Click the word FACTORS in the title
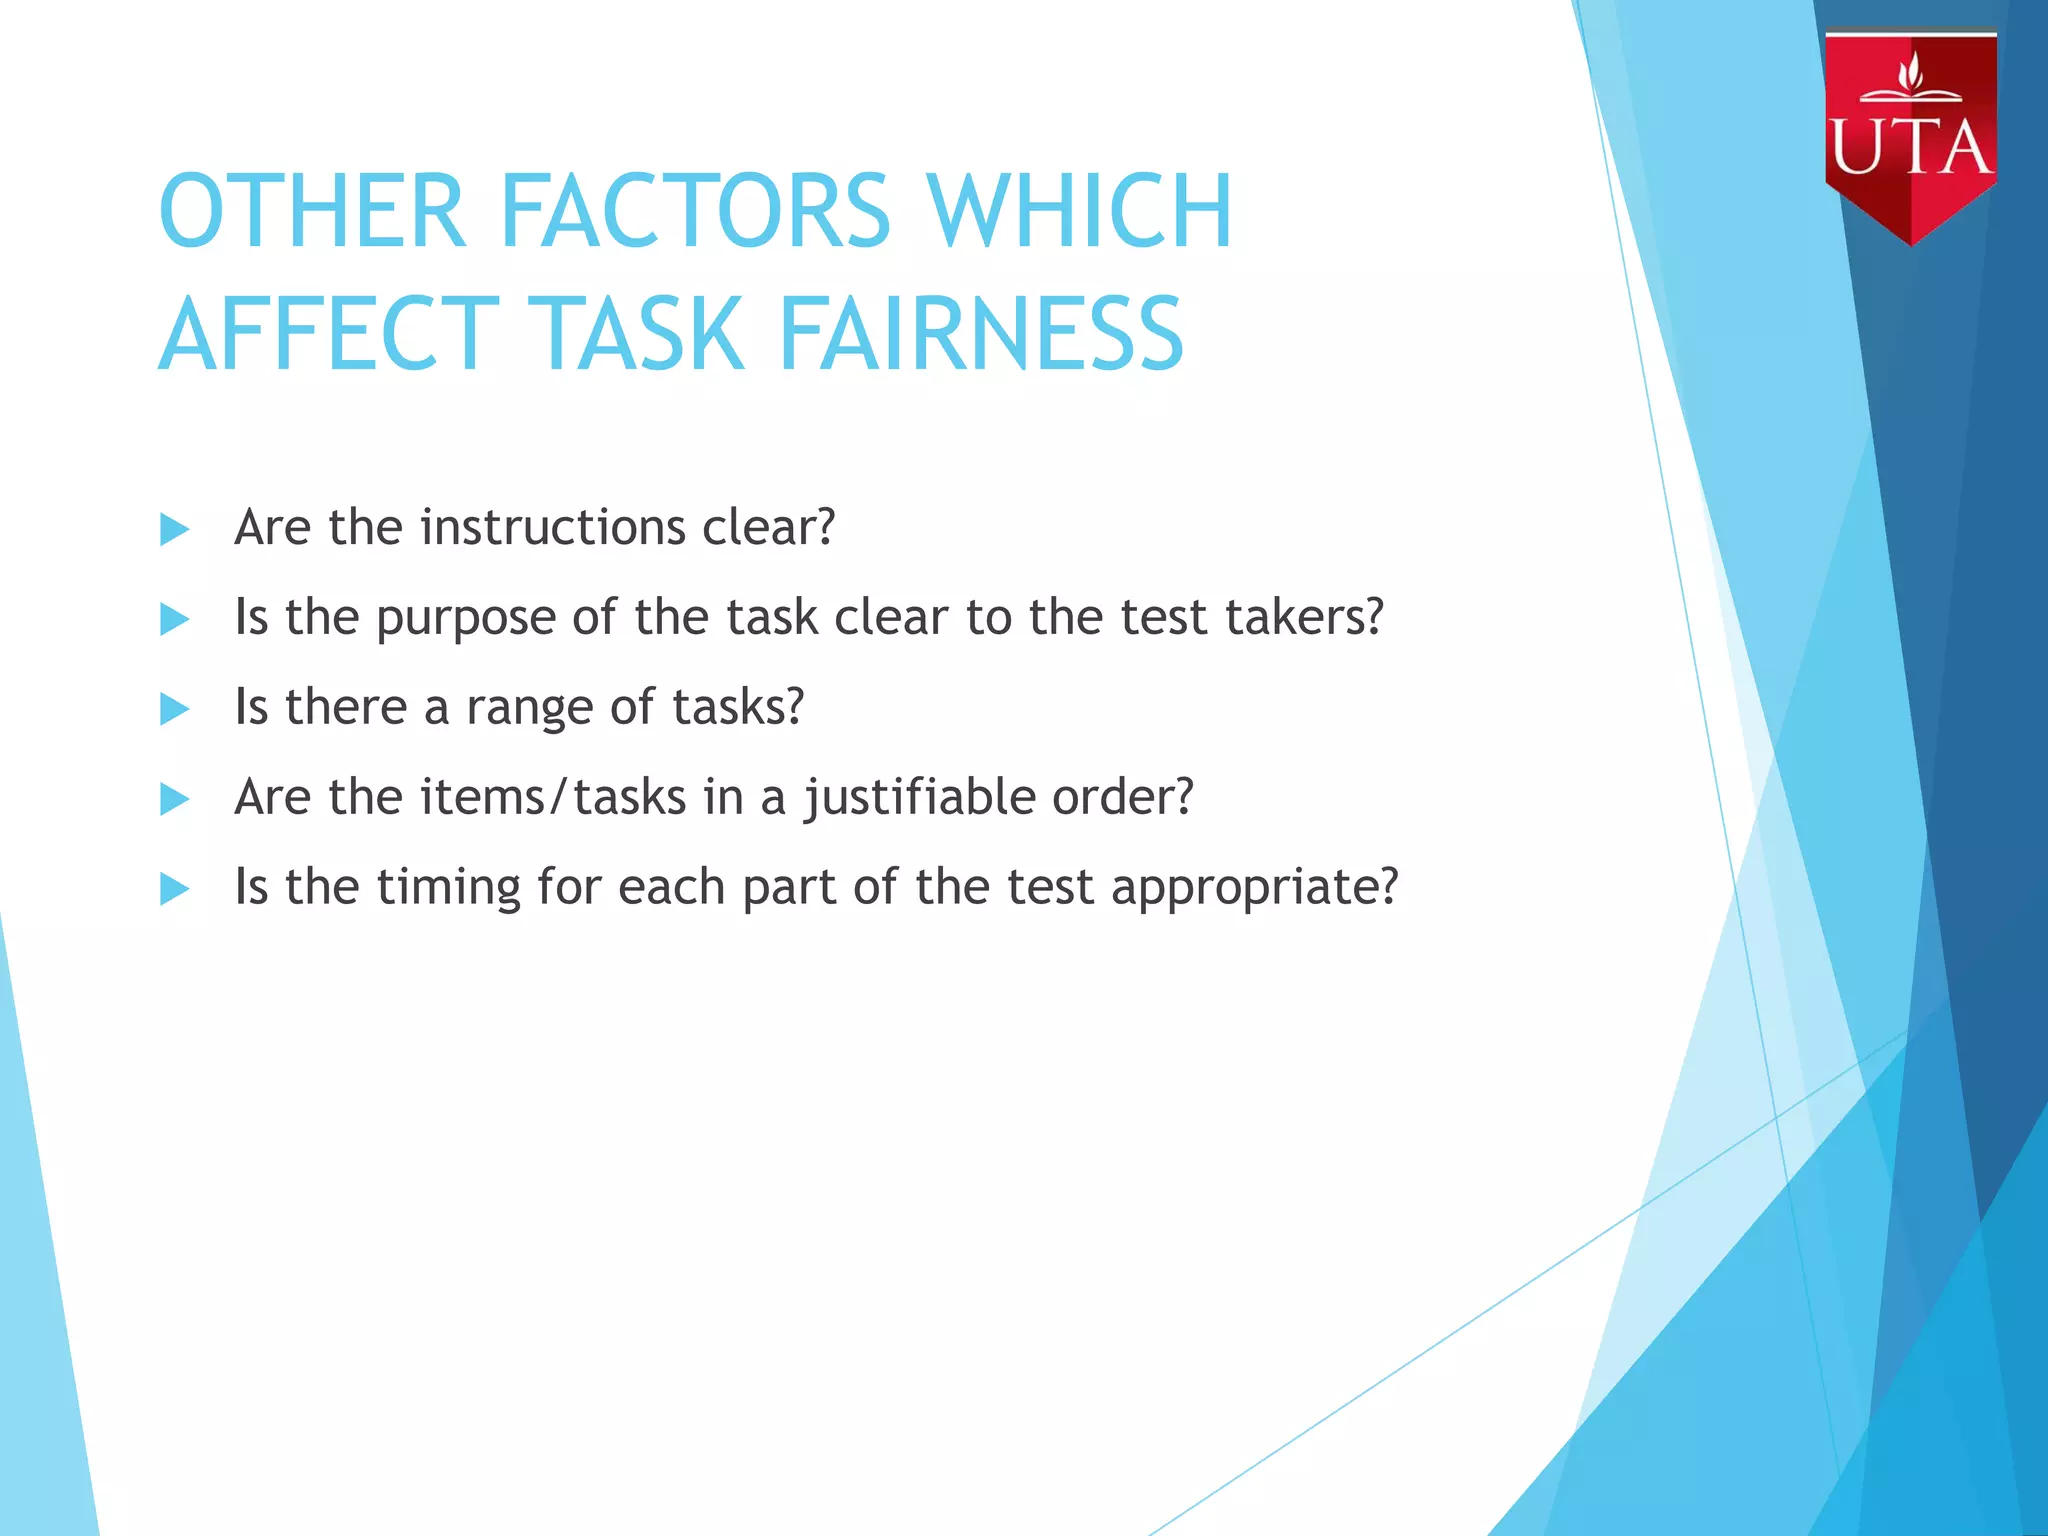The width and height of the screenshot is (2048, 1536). click(x=694, y=211)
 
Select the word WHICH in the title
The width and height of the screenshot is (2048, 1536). click(x=1080, y=211)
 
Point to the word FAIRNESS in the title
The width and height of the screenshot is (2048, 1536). click(x=980, y=334)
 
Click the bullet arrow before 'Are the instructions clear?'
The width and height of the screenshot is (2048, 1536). click(x=175, y=529)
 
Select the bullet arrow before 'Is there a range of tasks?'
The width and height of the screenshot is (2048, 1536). click(x=175, y=709)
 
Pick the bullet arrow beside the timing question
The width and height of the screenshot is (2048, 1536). click(x=175, y=888)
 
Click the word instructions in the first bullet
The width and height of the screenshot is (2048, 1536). click(x=553, y=527)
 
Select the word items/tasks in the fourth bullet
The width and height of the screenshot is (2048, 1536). click(x=553, y=798)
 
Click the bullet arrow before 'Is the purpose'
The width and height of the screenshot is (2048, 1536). click(x=175, y=619)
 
